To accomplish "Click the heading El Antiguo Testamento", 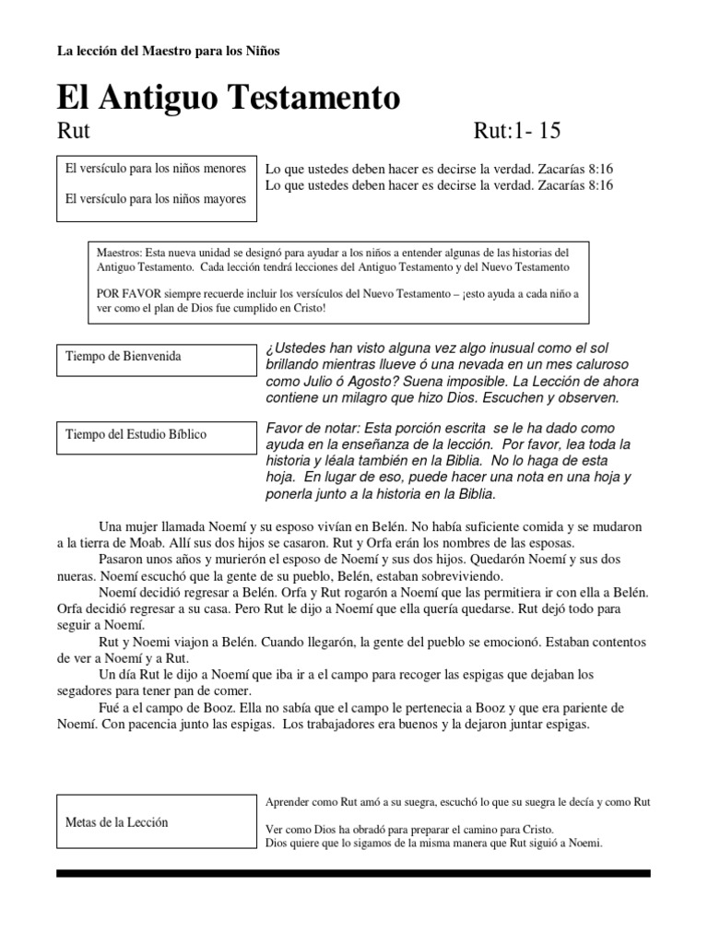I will click(x=229, y=97).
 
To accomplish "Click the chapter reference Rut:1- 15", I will click(x=516, y=131).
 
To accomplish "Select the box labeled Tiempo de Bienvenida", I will click(x=157, y=360).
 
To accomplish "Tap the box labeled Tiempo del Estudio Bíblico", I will click(x=157, y=438).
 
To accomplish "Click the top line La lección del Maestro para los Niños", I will click(x=168, y=51).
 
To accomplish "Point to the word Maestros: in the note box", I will click(x=119, y=252).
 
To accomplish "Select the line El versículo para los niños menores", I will click(x=156, y=170).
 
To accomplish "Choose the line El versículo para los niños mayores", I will click(x=156, y=198).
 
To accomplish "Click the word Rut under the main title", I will click(x=73, y=131).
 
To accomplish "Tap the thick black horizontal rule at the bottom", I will click(x=353, y=873).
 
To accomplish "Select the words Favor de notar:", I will click(x=312, y=429).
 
